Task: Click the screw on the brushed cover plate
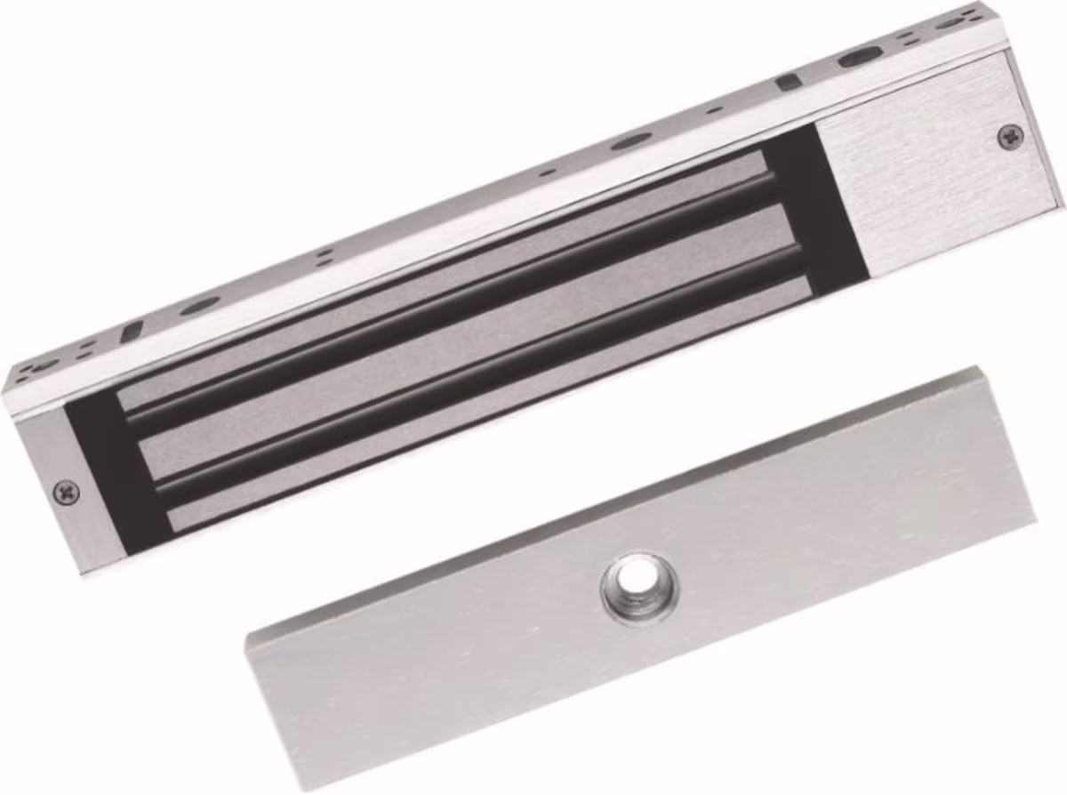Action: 1009,135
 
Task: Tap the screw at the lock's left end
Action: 66,489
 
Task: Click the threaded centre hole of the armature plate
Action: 638,587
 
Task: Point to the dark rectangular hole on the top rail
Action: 786,82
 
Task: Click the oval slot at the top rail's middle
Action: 630,140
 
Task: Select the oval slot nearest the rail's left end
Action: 199,305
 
